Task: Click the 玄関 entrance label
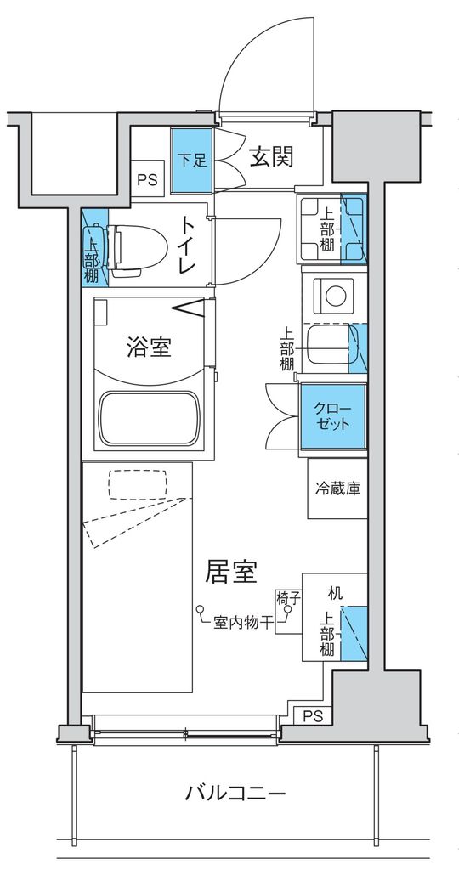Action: pyautogui.click(x=271, y=157)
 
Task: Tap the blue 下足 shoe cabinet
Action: pyautogui.click(x=191, y=159)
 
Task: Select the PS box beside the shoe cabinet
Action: pyautogui.click(x=148, y=179)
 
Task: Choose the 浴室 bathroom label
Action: pyautogui.click(x=150, y=347)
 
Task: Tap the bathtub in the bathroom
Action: pyautogui.click(x=150, y=418)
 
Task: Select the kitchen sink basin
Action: pyautogui.click(x=327, y=345)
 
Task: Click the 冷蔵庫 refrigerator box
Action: pyautogui.click(x=337, y=489)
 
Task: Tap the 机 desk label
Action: pyautogui.click(x=335, y=593)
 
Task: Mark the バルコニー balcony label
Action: pyautogui.click(x=235, y=795)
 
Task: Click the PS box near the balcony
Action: pyautogui.click(x=313, y=715)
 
